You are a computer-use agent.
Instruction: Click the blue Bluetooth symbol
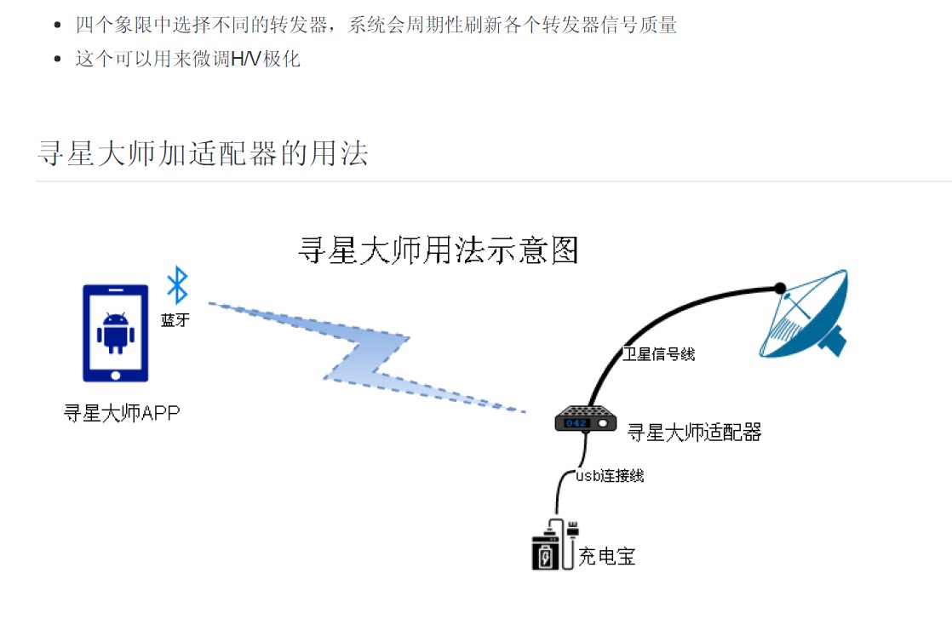(x=176, y=285)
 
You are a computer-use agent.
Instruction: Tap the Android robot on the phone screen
(x=115, y=332)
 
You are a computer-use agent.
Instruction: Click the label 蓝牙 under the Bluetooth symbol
(x=175, y=320)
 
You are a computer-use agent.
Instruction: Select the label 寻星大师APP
(x=122, y=414)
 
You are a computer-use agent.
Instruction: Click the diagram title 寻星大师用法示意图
(x=439, y=250)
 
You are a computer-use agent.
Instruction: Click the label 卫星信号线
(x=658, y=354)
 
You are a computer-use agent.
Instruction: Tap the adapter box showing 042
(x=586, y=421)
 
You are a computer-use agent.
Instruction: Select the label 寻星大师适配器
(x=694, y=433)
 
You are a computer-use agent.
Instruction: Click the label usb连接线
(x=610, y=476)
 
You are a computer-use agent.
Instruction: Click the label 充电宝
(x=607, y=558)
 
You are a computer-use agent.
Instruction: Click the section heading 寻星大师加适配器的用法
(x=203, y=153)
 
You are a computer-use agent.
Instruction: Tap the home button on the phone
(x=115, y=373)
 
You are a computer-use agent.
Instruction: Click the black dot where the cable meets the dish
(x=778, y=288)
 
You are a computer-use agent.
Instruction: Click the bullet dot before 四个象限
(x=58, y=26)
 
